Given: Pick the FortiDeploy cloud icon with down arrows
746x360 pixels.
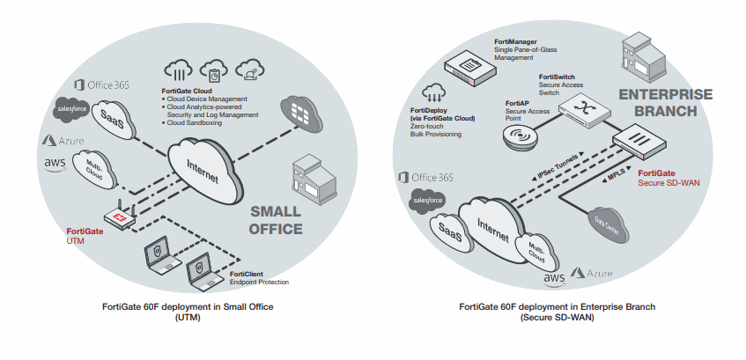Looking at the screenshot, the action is pos(433,92).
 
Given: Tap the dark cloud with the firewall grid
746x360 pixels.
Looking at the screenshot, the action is pos(301,114).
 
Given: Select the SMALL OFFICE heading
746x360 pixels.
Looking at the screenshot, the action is pos(276,220).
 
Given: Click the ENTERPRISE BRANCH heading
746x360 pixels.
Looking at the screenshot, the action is pos(666,102).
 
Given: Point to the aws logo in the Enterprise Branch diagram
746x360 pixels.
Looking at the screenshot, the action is pos(554,280).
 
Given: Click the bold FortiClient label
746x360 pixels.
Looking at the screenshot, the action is pos(247,274).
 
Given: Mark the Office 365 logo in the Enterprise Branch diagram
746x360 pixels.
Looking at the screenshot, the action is pos(425,178).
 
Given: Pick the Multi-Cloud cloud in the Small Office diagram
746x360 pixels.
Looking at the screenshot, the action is pos(93,169).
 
